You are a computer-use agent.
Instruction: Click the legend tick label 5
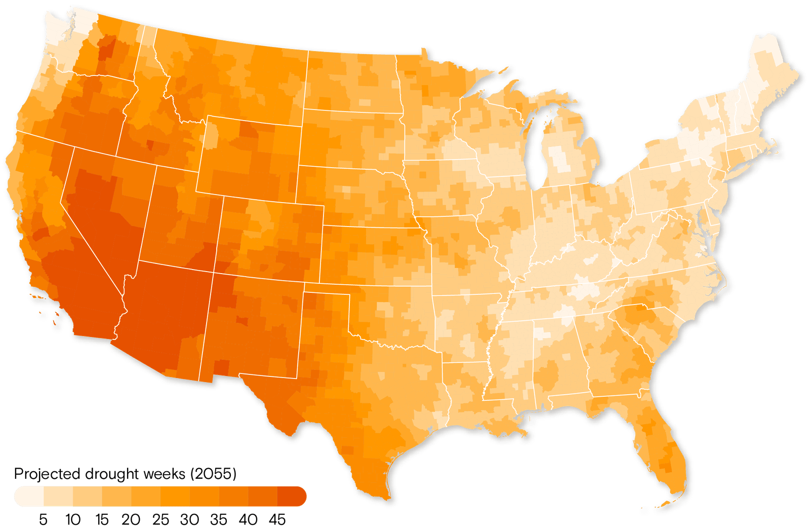tap(43, 519)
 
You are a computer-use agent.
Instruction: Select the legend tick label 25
tap(160, 519)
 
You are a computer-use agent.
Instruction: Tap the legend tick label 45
tap(277, 519)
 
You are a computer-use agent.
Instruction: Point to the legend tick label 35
tap(219, 519)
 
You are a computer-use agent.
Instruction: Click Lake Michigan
tap(538, 147)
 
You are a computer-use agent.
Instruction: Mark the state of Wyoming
tap(248, 155)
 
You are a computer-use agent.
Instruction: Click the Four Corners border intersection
tap(214, 273)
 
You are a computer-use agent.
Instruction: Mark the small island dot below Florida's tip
tap(644, 510)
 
